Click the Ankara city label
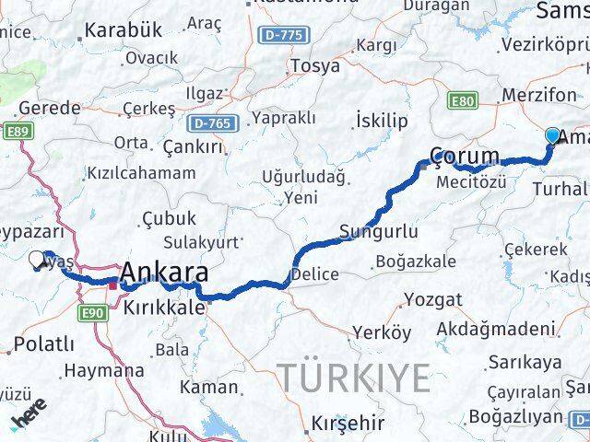tap(164, 273)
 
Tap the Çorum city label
tap(466, 155)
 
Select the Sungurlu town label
tap(378, 231)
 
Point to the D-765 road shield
tap(216, 122)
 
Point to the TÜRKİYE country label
tap(355, 378)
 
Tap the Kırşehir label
tap(348, 424)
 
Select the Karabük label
tap(123, 30)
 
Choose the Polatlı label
tap(41, 344)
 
